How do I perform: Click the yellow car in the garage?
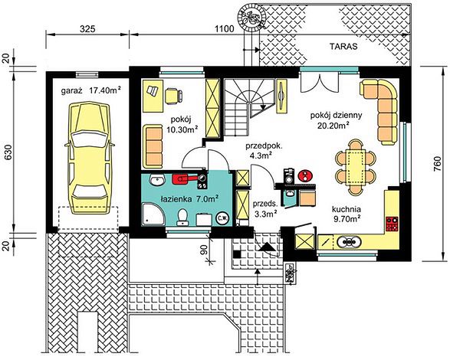90,159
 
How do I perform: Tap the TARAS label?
343,47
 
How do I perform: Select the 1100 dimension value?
225,29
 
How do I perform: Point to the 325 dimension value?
87,29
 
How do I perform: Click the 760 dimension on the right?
438,165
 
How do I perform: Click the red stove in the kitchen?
392,224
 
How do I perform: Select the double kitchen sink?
349,242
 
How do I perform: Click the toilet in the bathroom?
182,217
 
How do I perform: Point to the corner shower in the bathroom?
153,214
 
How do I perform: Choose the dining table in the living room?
356,167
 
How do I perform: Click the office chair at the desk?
173,96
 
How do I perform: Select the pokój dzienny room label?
336,116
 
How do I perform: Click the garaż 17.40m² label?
90,91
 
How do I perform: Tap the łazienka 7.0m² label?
189,198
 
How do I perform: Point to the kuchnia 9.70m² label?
347,214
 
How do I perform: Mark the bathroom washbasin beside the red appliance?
157,179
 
